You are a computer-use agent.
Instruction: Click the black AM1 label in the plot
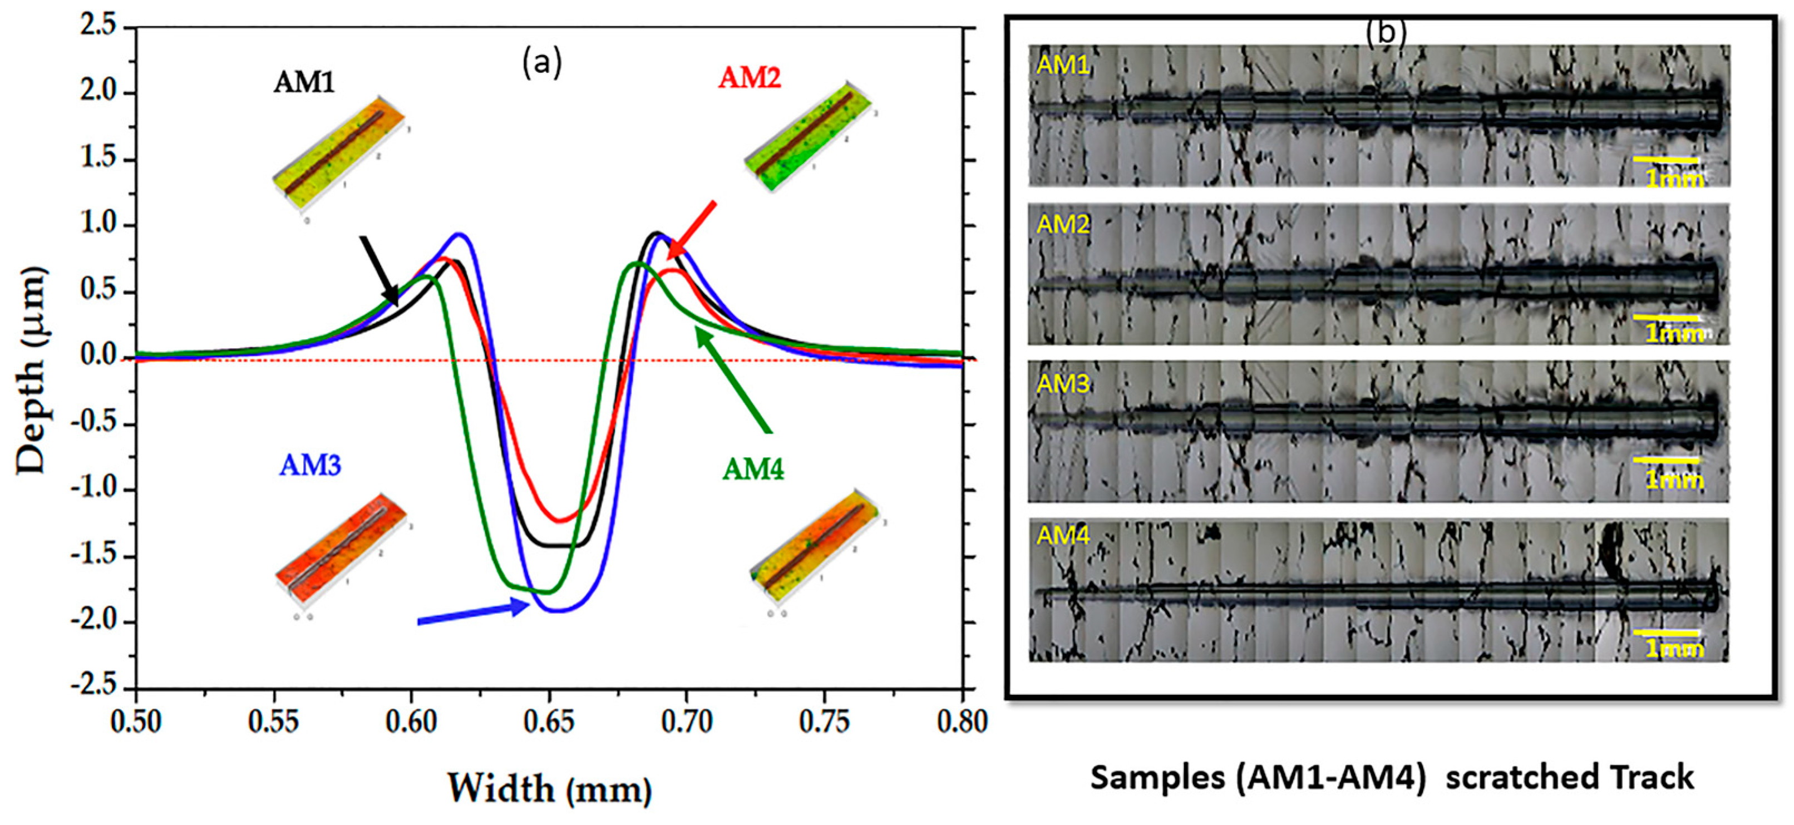(x=304, y=83)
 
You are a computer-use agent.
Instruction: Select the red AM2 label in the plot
(x=750, y=77)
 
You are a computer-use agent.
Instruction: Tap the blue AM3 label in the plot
(x=310, y=465)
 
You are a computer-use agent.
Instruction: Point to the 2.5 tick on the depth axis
(x=98, y=27)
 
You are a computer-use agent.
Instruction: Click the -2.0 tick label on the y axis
(x=93, y=621)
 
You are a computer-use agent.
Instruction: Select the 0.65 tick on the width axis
(x=549, y=723)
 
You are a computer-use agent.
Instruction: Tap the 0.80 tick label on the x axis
(x=962, y=723)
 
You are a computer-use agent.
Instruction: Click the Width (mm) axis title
(x=549, y=789)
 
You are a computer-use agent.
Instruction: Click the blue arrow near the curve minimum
(x=474, y=612)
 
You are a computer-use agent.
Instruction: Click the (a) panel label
(x=542, y=63)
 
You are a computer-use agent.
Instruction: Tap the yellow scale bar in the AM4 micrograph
(x=1666, y=633)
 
